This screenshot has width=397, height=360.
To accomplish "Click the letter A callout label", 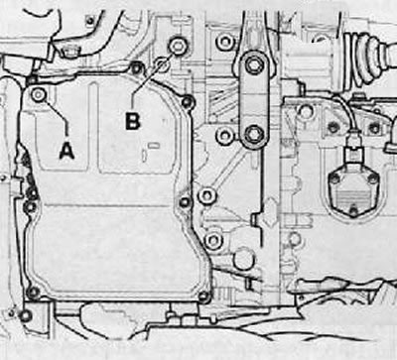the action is point(66,152).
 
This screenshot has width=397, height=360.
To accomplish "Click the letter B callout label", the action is point(133,121).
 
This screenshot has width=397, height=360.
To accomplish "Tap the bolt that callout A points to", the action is point(38,95).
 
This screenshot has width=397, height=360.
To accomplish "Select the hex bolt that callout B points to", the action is point(178,47).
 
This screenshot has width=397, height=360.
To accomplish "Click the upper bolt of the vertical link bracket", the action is point(253,65).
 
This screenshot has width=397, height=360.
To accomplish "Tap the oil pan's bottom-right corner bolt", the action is point(204,296).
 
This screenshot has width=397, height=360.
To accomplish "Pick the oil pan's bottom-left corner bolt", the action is point(33,292).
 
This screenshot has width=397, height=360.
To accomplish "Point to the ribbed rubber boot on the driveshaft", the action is point(368,60).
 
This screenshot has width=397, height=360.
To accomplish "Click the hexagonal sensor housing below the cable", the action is point(353,191).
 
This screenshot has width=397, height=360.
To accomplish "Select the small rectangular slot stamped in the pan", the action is point(154,145).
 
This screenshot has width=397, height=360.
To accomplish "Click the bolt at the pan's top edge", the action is point(136,68).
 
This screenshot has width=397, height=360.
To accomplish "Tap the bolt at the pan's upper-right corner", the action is point(187,101).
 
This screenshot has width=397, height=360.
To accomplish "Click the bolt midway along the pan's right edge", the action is point(185,201).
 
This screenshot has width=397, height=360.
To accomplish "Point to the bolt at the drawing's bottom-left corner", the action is point(25,316).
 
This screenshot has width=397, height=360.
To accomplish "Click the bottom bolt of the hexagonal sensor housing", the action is point(353,211).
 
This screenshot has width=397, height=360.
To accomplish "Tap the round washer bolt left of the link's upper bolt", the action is point(225,42).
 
